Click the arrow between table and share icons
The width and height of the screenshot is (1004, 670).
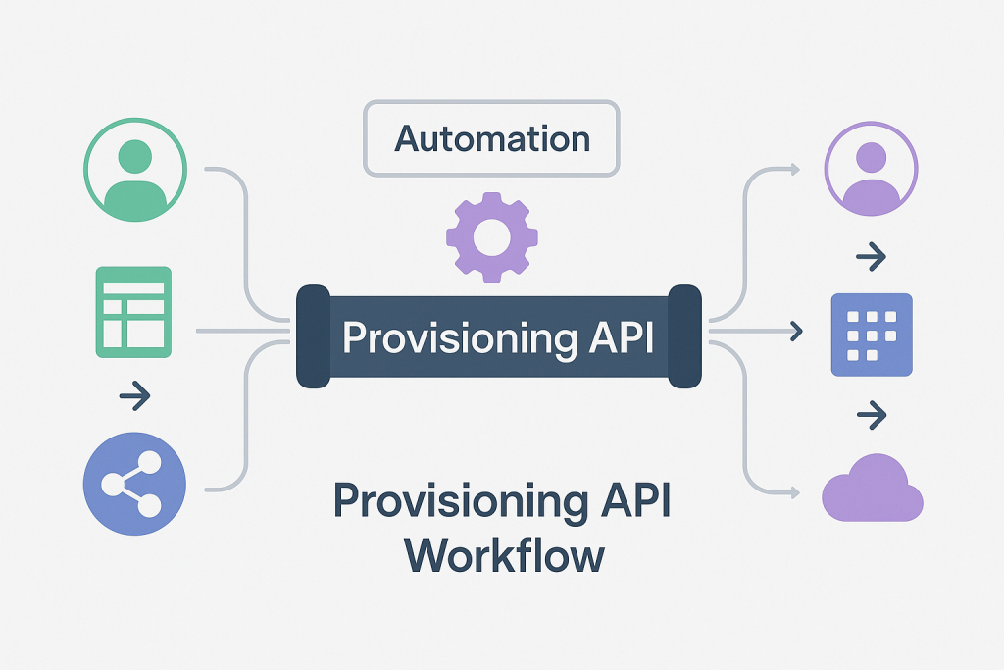click(x=134, y=397)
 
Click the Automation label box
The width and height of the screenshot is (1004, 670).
click(x=491, y=138)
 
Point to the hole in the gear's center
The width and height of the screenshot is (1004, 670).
click(x=492, y=235)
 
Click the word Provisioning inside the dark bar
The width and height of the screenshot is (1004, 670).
click(x=460, y=338)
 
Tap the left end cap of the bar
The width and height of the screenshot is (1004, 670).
click(x=313, y=335)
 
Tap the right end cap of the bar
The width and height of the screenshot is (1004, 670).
click(x=684, y=335)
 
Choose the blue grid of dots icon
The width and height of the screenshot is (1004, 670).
click(x=871, y=335)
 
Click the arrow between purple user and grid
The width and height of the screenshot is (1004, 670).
click(x=871, y=258)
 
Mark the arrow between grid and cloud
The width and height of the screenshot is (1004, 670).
click(x=871, y=416)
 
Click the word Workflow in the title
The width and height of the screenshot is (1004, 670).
click(x=504, y=554)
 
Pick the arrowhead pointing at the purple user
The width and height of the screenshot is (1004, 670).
click(x=794, y=170)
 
